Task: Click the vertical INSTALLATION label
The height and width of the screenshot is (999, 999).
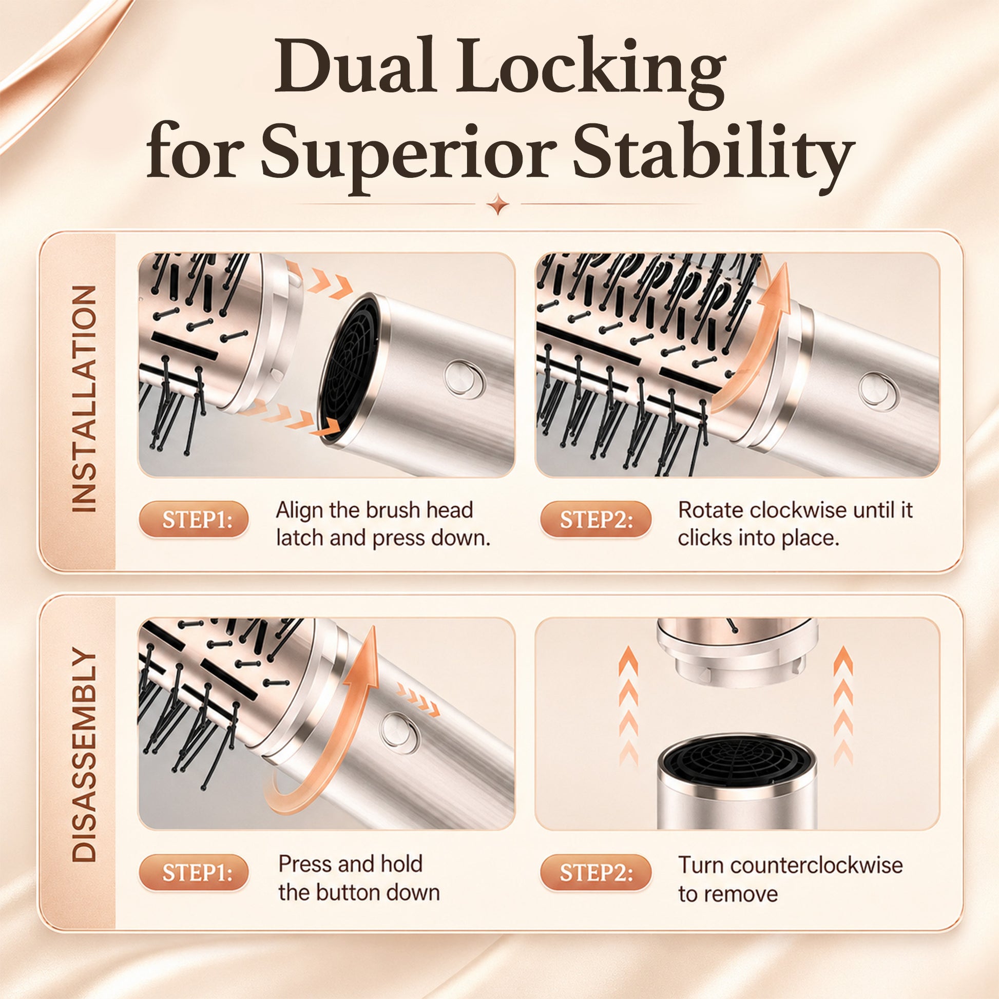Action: click(84, 399)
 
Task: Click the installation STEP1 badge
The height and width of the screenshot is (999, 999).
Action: click(194, 519)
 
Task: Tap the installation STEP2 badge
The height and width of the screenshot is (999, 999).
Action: click(596, 519)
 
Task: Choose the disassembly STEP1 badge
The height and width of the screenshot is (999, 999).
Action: click(194, 873)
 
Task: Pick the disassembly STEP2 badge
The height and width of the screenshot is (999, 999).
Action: click(596, 873)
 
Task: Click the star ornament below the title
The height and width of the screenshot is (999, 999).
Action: click(499, 204)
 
